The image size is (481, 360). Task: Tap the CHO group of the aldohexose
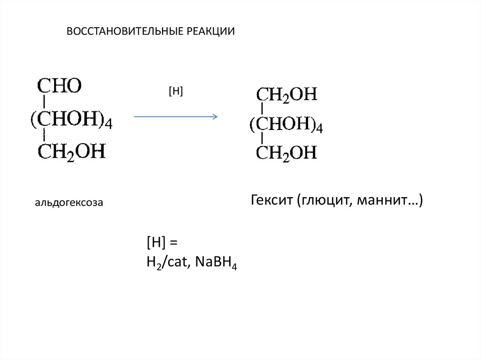coord(60,86)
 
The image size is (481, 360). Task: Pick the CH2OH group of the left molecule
coord(71,151)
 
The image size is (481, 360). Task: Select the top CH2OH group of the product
coord(287,94)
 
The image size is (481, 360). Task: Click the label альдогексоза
coord(69,203)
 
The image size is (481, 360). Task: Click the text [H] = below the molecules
coord(163,243)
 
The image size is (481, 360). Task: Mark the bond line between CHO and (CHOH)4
coord(44,101)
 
